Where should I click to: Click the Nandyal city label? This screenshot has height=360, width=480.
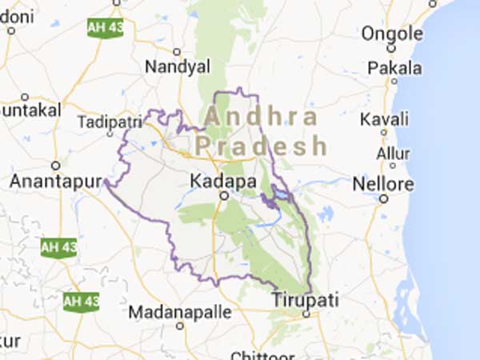(176, 66)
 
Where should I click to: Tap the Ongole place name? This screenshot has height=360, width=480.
(392, 34)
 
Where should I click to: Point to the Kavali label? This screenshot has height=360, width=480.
(385, 119)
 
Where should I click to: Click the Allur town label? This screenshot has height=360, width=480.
(393, 151)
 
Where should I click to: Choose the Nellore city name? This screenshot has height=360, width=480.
(384, 184)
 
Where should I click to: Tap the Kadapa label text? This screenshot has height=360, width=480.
(223, 182)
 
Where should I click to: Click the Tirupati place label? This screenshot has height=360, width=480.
(305, 300)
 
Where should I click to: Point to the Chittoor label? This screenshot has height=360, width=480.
(258, 355)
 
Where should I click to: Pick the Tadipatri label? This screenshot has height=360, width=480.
(110, 122)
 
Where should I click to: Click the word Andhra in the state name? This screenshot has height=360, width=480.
(261, 116)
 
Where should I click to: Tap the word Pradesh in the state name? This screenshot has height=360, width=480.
(262, 146)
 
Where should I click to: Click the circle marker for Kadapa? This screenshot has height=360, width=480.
(225, 195)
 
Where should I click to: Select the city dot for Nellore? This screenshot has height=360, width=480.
(384, 198)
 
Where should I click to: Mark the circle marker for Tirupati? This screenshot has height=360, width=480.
(306, 314)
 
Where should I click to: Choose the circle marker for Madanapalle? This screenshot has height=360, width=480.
(180, 325)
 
